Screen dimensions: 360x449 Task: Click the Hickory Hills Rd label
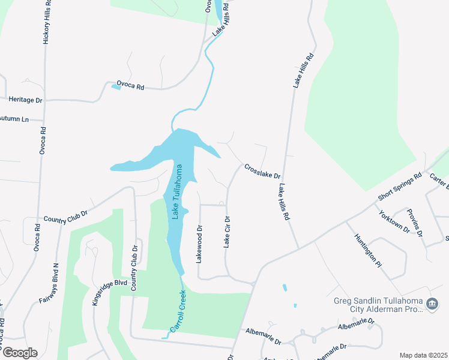coord(45,25)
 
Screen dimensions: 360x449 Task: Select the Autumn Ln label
coord(14,119)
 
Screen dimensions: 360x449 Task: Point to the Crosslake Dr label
coord(262,171)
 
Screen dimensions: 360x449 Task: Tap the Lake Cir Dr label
coord(227,231)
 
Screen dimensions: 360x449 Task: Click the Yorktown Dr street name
coord(394,220)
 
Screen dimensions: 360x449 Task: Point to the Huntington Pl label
coord(367,250)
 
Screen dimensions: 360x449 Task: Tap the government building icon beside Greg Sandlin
coord(432,305)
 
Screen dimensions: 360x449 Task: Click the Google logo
coord(19,353)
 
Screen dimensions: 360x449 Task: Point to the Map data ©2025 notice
coord(423,355)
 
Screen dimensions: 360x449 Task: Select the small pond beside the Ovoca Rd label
coord(116,87)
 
